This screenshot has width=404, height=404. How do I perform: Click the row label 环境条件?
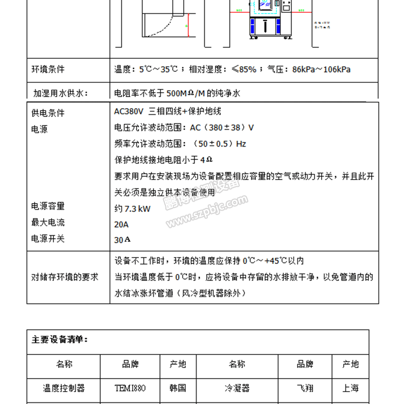click(48, 69)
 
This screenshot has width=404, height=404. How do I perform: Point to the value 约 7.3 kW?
click(133, 208)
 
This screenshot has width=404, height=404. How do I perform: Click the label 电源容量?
click(48, 206)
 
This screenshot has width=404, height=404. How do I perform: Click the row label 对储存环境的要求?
click(65, 277)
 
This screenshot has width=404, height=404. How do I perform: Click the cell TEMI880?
click(130, 388)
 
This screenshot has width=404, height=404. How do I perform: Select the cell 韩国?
click(178, 388)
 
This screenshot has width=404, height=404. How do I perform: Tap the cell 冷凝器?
click(236, 388)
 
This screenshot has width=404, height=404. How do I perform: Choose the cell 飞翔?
click(305, 388)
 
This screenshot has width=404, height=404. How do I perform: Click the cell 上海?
click(351, 388)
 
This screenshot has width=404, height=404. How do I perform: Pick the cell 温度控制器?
click(64, 388)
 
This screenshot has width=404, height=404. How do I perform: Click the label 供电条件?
click(48, 113)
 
